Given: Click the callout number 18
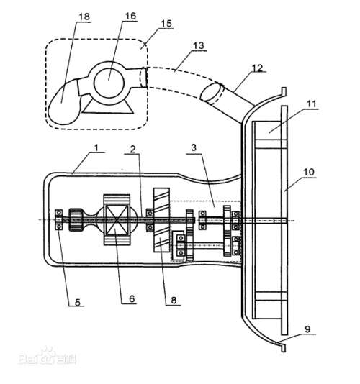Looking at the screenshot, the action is (x=84, y=17).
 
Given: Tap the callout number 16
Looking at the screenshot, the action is (x=130, y=16).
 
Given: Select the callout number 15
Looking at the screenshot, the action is (x=166, y=24).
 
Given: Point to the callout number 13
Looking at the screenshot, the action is (x=199, y=45).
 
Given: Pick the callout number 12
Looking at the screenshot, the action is (x=258, y=68).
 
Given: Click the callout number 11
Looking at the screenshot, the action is (x=312, y=104).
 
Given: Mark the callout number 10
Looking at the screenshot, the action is (x=309, y=172).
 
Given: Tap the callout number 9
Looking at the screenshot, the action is (x=307, y=329).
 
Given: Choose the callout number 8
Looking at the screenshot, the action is (x=174, y=300).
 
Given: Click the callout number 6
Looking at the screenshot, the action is (x=132, y=298).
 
